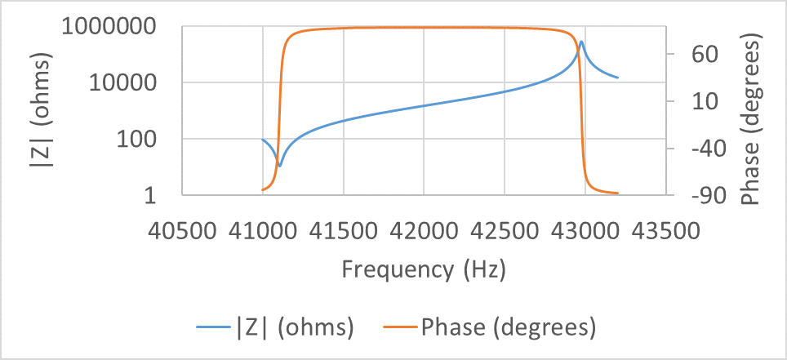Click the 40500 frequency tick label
coord(182,232)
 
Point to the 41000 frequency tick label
coord(263,232)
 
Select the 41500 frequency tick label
coord(344,232)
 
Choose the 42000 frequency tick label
coord(424,232)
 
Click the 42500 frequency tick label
coord(505,232)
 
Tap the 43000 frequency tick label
coord(585,232)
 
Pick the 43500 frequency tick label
coord(666,232)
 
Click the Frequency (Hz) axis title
coord(424,269)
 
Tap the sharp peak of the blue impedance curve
coord(581,42)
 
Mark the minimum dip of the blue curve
coord(279,165)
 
